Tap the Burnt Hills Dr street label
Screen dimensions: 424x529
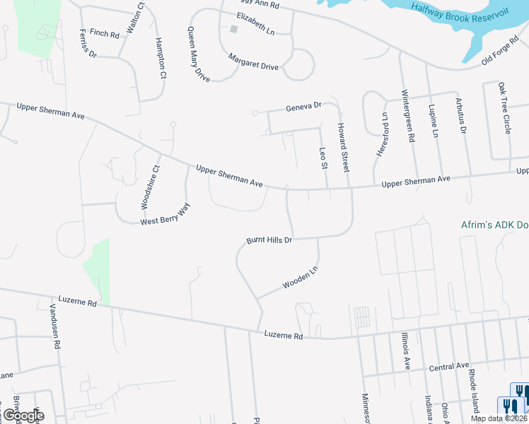click(269, 240)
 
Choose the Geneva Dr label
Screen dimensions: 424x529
click(303, 107)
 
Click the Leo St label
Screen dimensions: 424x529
click(324, 156)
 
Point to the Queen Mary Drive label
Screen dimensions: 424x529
click(199, 54)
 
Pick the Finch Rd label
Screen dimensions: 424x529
click(104, 33)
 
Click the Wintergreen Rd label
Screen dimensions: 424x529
click(406, 116)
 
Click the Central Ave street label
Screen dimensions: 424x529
click(449, 367)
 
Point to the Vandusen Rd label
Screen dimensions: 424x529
click(53, 327)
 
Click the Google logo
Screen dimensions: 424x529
click(23, 415)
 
